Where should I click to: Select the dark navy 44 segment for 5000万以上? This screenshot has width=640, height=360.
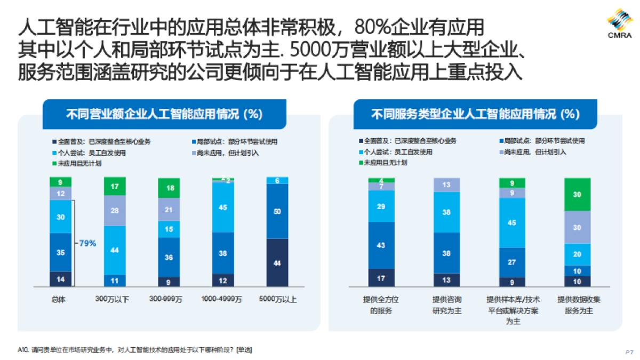(277, 262)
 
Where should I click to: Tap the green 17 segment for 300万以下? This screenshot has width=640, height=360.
(115, 187)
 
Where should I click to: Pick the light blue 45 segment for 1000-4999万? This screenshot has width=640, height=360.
(223, 207)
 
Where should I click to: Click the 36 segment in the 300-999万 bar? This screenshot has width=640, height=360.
(169, 257)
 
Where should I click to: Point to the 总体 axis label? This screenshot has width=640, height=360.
(60, 299)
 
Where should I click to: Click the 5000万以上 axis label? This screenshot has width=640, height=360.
(277, 299)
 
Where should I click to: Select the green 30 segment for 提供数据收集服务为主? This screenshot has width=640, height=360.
(577, 195)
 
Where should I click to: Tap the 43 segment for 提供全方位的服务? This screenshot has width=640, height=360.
(381, 245)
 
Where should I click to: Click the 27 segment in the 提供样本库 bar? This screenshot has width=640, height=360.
(512, 262)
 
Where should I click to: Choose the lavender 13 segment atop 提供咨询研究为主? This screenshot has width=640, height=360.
(446, 185)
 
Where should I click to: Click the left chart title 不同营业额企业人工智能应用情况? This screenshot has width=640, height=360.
(164, 114)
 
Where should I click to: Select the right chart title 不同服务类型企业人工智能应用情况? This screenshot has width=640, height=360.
(475, 114)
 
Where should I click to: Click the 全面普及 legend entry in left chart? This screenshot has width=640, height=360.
(101, 142)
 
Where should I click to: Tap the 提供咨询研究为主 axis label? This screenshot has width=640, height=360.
(446, 305)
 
